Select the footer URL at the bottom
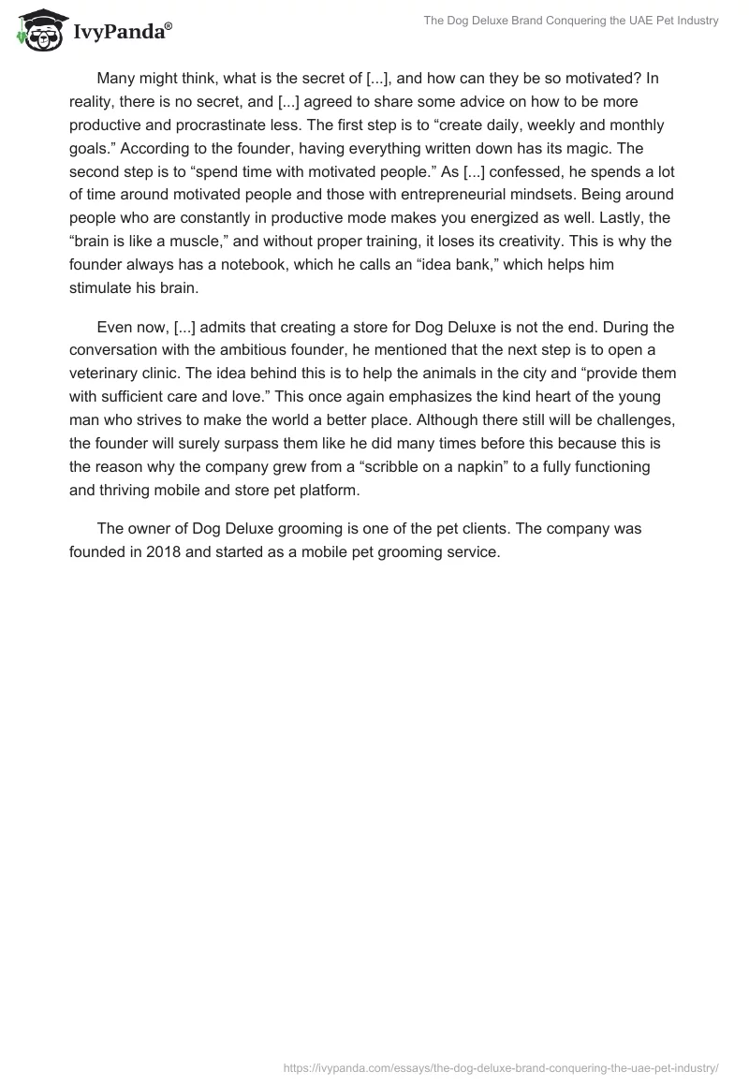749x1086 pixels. pyautogui.click(x=501, y=1067)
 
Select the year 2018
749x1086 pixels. pyautogui.click(x=165, y=551)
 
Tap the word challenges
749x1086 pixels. pyautogui.click(x=630, y=420)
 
